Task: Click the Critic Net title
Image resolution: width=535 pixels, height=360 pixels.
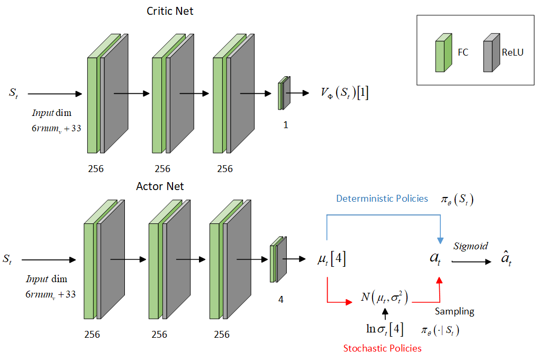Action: click(x=170, y=11)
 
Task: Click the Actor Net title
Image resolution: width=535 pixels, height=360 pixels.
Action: click(x=160, y=186)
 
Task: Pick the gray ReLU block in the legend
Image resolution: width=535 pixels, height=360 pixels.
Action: click(x=492, y=53)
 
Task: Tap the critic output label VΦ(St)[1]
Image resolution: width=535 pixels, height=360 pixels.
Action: click(x=344, y=93)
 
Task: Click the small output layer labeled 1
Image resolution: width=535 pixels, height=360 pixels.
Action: click(x=284, y=94)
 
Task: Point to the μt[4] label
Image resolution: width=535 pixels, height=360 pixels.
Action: click(x=331, y=260)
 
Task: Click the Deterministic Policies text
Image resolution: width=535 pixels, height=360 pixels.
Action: click(x=382, y=199)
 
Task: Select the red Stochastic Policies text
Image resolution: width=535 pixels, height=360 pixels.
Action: click(x=383, y=348)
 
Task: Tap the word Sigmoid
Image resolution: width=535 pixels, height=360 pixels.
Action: click(x=470, y=246)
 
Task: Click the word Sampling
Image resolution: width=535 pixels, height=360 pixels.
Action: click(x=455, y=311)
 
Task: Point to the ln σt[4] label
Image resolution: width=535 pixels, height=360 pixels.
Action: click(x=385, y=329)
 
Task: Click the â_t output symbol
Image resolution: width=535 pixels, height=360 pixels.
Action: click(x=506, y=260)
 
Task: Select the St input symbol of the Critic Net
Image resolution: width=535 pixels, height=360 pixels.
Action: click(x=13, y=93)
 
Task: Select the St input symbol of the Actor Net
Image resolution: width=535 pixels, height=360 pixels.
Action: click(x=7, y=259)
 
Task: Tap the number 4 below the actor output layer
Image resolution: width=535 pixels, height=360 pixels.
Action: click(x=280, y=300)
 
